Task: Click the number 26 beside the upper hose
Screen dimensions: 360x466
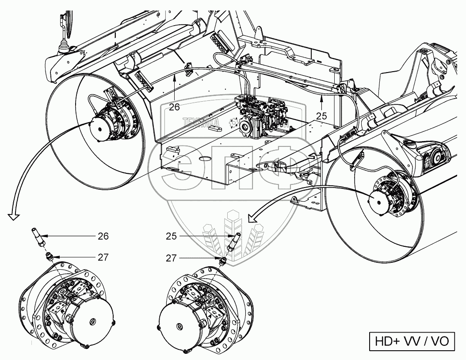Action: pyautogui.click(x=175, y=107)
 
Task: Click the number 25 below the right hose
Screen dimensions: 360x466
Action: pyautogui.click(x=321, y=116)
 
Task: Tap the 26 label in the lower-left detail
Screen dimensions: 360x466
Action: pyautogui.click(x=103, y=236)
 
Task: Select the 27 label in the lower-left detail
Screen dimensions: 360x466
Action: pyautogui.click(x=103, y=256)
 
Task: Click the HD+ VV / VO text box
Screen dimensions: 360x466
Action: pyautogui.click(x=412, y=341)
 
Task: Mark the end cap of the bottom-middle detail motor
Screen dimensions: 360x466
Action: pyautogui.click(x=179, y=326)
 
